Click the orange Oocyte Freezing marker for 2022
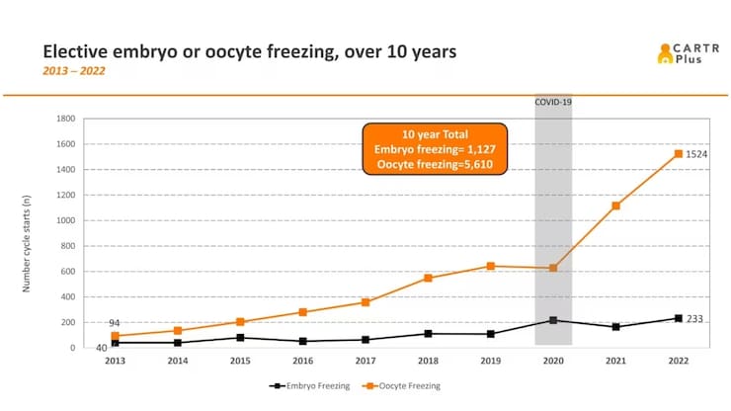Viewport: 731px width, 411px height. (677, 153)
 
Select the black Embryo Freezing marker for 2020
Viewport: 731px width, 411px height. (553, 320)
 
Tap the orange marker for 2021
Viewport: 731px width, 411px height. (615, 205)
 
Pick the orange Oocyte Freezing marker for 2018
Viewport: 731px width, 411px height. (428, 278)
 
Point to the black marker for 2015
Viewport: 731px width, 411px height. (241, 338)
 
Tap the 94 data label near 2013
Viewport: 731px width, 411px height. (116, 323)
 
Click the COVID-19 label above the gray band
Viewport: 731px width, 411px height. (553, 102)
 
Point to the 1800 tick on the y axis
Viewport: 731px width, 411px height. (66, 118)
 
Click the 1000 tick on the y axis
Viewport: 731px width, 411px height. (66, 220)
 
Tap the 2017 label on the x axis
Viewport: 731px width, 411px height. (365, 361)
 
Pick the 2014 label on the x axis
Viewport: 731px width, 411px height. (179, 361)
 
